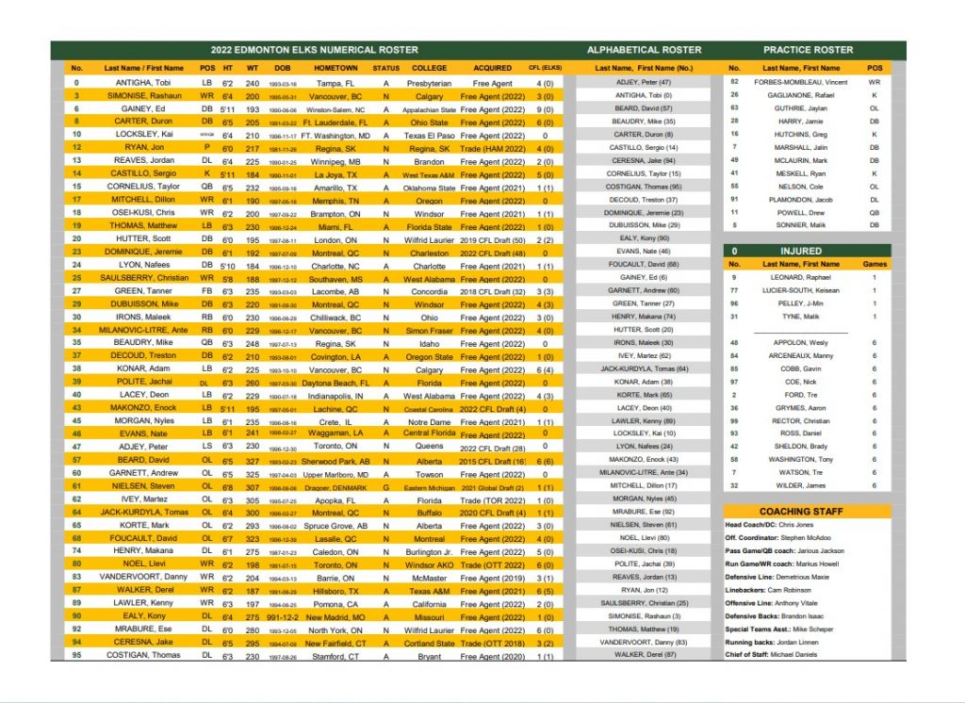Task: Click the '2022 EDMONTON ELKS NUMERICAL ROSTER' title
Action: point(315,50)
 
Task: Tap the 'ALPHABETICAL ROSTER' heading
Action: point(644,50)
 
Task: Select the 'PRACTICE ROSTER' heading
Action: point(808,50)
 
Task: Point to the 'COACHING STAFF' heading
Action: point(806,511)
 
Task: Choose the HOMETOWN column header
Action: point(335,68)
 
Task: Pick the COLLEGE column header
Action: point(430,68)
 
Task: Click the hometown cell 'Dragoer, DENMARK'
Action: point(335,486)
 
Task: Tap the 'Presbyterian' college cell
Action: point(430,83)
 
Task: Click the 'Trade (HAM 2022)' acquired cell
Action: point(493,148)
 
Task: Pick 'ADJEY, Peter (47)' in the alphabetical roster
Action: point(644,82)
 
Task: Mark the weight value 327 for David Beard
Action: point(252,460)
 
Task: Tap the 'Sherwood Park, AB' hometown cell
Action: point(335,460)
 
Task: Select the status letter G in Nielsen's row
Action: point(386,486)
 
